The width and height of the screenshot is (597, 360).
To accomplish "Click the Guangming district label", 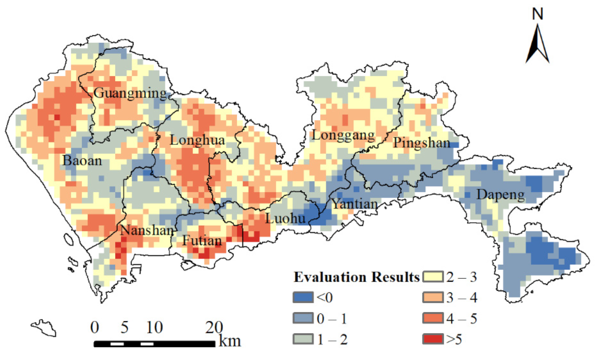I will (130, 93).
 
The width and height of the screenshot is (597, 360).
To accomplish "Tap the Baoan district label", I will (82, 161).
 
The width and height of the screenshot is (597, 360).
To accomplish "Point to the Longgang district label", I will (343, 136).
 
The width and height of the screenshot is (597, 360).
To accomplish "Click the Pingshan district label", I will (422, 143).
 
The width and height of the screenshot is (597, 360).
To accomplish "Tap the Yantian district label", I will (355, 204).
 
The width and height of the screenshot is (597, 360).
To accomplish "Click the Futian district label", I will (202, 241).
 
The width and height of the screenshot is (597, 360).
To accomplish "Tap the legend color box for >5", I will (436, 338).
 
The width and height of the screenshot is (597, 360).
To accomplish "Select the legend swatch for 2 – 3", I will (436, 277).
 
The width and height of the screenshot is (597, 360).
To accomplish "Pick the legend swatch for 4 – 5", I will (436, 318).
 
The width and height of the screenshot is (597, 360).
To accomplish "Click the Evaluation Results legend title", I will (356, 277).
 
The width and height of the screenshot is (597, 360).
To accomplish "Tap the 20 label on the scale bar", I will (214, 327).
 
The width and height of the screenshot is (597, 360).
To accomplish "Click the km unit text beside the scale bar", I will (230, 341).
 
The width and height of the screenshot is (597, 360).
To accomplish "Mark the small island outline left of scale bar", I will (43, 327).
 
